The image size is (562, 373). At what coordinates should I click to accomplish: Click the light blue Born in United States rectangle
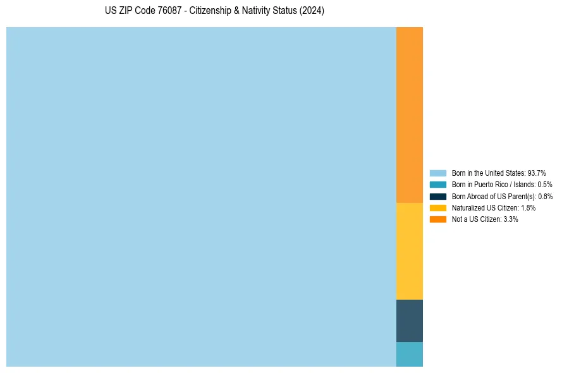pyautogui.click(x=201, y=197)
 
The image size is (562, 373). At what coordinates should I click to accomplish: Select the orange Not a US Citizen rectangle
pyautogui.click(x=409, y=114)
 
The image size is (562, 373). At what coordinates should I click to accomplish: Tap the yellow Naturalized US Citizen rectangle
pyautogui.click(x=409, y=251)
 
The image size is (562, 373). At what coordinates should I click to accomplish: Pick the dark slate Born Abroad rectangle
pyautogui.click(x=409, y=321)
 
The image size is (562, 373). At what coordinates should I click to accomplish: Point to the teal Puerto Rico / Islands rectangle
pyautogui.click(x=409, y=354)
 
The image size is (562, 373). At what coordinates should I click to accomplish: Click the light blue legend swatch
pyautogui.click(x=437, y=173)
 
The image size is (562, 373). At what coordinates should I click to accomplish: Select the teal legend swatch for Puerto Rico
pyautogui.click(x=437, y=185)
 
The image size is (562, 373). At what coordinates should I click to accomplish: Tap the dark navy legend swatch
pyautogui.click(x=437, y=196)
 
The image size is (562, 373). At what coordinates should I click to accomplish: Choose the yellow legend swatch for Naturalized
pyautogui.click(x=437, y=207)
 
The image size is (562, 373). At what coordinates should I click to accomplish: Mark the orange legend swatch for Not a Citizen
pyautogui.click(x=437, y=219)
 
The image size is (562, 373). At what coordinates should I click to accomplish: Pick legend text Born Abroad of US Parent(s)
pyautogui.click(x=502, y=196)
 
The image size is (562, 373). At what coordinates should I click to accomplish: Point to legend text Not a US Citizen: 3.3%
pyautogui.click(x=485, y=219)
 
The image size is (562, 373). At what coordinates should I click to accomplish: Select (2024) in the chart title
pyautogui.click(x=312, y=11)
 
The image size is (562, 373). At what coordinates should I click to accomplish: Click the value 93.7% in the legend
pyautogui.click(x=536, y=173)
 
